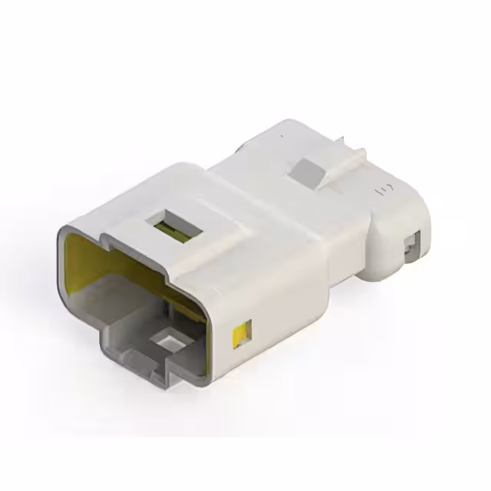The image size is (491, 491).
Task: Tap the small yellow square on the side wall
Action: click(x=241, y=332)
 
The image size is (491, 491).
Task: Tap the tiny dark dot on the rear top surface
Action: click(x=282, y=137)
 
